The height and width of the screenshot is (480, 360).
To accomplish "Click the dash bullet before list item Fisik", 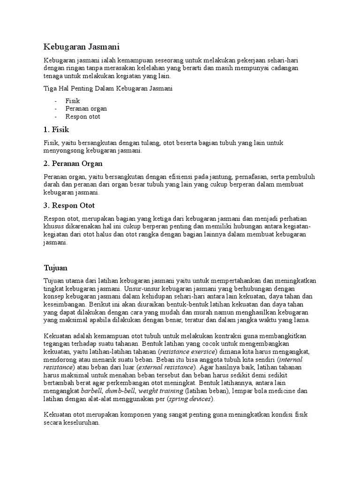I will coord(56,101).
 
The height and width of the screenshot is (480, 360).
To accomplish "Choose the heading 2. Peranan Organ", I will coord(73,164).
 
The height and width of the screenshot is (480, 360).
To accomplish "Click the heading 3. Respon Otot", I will coord(69,205).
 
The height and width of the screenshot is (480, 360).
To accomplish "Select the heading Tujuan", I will coord(56,268).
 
